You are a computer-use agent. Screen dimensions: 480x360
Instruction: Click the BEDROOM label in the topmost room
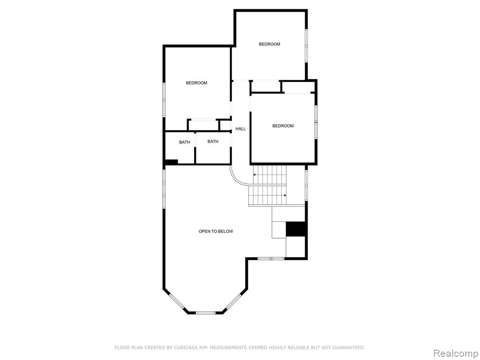[270, 44]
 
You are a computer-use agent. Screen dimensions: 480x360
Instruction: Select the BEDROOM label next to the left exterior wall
[196, 83]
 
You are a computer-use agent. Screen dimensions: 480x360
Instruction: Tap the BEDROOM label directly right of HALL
[283, 126]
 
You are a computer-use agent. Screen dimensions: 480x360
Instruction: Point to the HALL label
[240, 129]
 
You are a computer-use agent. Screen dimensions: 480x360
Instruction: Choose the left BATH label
[185, 142]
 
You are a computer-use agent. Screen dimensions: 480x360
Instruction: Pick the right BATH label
[213, 142]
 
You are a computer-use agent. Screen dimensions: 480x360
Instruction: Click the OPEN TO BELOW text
[216, 232]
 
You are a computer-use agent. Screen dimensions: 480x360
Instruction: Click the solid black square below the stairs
[296, 229]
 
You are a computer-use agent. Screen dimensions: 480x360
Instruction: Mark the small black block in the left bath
[172, 162]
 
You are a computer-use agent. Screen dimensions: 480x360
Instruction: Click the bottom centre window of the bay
[206, 313]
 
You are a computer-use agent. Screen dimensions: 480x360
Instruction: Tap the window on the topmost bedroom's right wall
[306, 46]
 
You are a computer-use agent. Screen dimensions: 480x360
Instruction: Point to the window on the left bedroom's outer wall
[164, 99]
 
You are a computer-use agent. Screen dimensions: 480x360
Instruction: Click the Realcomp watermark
[456, 353]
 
